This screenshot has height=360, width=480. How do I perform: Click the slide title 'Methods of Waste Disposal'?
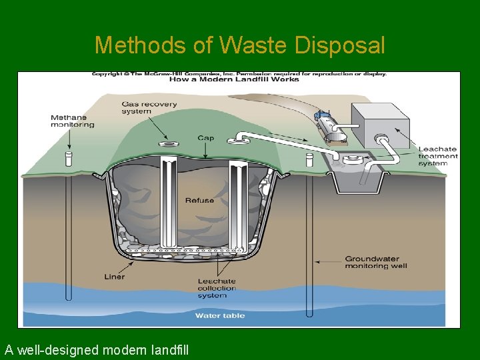click(239, 45)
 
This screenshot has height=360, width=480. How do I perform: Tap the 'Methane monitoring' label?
click(73, 121)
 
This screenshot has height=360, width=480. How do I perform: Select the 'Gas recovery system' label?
click(149, 107)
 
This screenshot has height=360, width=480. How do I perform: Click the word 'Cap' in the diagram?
click(206, 138)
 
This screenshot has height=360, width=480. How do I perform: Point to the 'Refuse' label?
click(199, 200)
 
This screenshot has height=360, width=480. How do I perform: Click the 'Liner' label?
click(114, 276)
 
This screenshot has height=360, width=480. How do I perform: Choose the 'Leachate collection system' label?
click(217, 288)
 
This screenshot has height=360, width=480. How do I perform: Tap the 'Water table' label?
click(220, 315)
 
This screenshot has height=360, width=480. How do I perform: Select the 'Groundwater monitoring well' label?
click(375, 262)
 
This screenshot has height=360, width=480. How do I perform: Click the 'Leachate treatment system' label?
click(437, 156)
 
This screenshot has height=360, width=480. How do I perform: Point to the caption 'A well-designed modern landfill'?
click(97, 349)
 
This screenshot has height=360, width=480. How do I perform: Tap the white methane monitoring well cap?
click(68, 159)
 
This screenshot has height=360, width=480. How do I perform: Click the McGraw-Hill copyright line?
click(239, 73)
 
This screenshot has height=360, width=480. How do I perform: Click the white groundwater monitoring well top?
click(309, 160)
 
